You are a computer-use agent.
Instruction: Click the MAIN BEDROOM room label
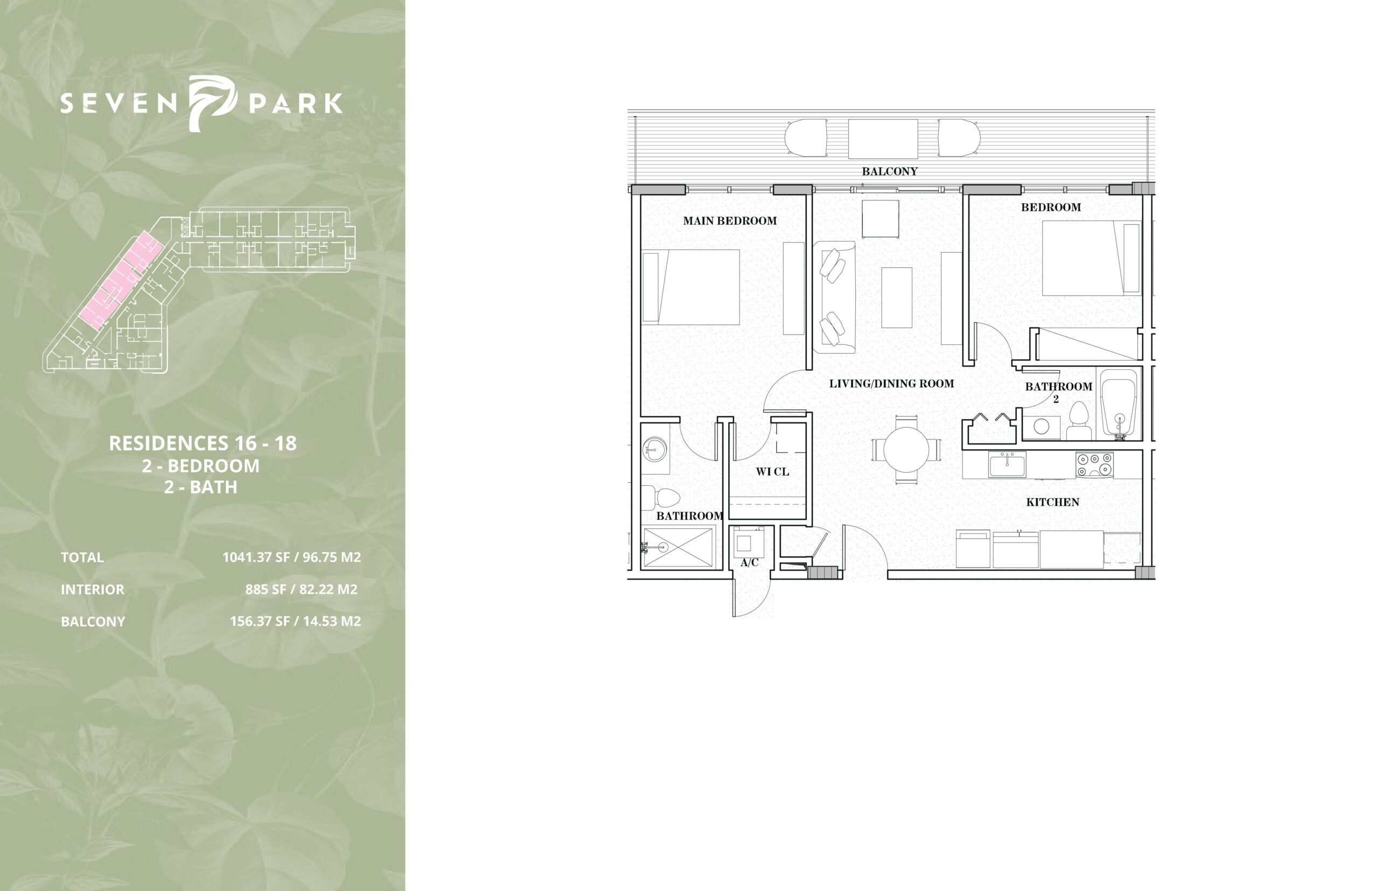[x=729, y=221]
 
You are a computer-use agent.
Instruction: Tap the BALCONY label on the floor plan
[x=890, y=171]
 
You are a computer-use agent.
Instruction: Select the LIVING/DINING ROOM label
[x=891, y=383]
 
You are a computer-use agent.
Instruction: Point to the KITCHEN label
[x=1053, y=502]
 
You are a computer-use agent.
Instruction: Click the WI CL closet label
[x=772, y=471]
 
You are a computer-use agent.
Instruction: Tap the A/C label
[x=749, y=562]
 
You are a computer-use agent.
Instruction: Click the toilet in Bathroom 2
[x=1078, y=420]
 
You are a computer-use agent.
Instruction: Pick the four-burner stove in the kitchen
[x=1094, y=464]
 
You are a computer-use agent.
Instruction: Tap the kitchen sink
[x=1008, y=464]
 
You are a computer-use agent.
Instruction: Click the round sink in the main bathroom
[x=655, y=448]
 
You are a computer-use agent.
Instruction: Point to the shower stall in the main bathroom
[x=678, y=547]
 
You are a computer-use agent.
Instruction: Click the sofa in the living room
[x=834, y=298]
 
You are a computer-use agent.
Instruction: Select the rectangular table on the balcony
[x=883, y=138]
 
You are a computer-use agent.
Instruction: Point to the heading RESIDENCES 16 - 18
[x=202, y=443]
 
